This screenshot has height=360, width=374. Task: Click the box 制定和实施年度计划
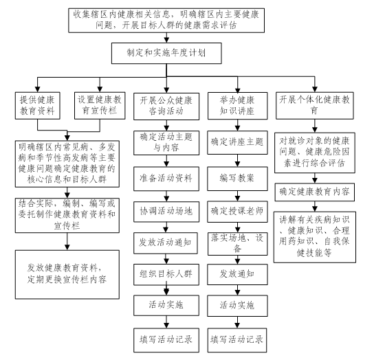coord(166,53)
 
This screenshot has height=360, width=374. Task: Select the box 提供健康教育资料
coord(37,106)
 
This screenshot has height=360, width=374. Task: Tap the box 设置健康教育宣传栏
coord(100,106)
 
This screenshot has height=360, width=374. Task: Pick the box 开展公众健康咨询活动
coord(166,106)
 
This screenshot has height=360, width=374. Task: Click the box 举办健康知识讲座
coord(238,106)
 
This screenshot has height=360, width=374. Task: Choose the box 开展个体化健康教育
coord(315,106)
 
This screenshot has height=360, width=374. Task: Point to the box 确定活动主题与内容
coord(166,143)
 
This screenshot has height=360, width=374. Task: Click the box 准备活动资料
coord(166,179)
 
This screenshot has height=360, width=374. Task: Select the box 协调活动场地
coord(166,212)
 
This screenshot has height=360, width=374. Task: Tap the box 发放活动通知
coord(166,243)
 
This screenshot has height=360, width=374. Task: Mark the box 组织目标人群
coord(166,275)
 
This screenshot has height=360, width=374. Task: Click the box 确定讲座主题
coord(237,143)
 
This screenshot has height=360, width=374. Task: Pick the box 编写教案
coord(237,179)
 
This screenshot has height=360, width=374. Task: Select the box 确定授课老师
coord(237,212)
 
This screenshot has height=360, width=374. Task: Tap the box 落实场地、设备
coord(238,244)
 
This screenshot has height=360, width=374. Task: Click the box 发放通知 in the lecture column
coord(237,274)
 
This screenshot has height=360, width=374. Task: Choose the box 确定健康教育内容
coord(315,192)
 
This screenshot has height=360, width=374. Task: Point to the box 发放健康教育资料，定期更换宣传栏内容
coord(67,274)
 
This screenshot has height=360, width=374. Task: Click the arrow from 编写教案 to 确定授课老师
coord(237,196)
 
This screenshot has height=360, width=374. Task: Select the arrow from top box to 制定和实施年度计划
coord(166,38)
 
